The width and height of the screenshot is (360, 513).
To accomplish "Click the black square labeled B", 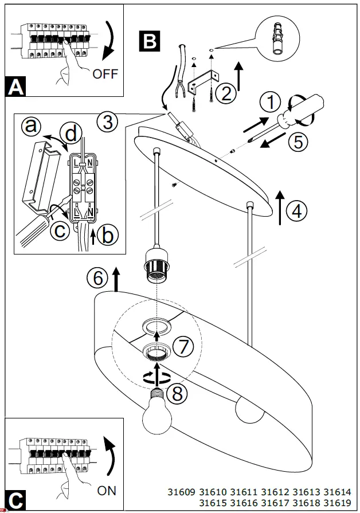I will click(150, 41).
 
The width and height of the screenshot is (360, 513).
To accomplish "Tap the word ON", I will click(107, 490).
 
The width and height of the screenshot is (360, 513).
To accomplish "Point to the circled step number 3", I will click(108, 122).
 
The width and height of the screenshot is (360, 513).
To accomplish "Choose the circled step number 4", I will click(296, 211).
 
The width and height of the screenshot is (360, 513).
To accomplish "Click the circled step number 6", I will click(98, 278).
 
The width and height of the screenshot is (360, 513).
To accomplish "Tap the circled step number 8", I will click(179, 393).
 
